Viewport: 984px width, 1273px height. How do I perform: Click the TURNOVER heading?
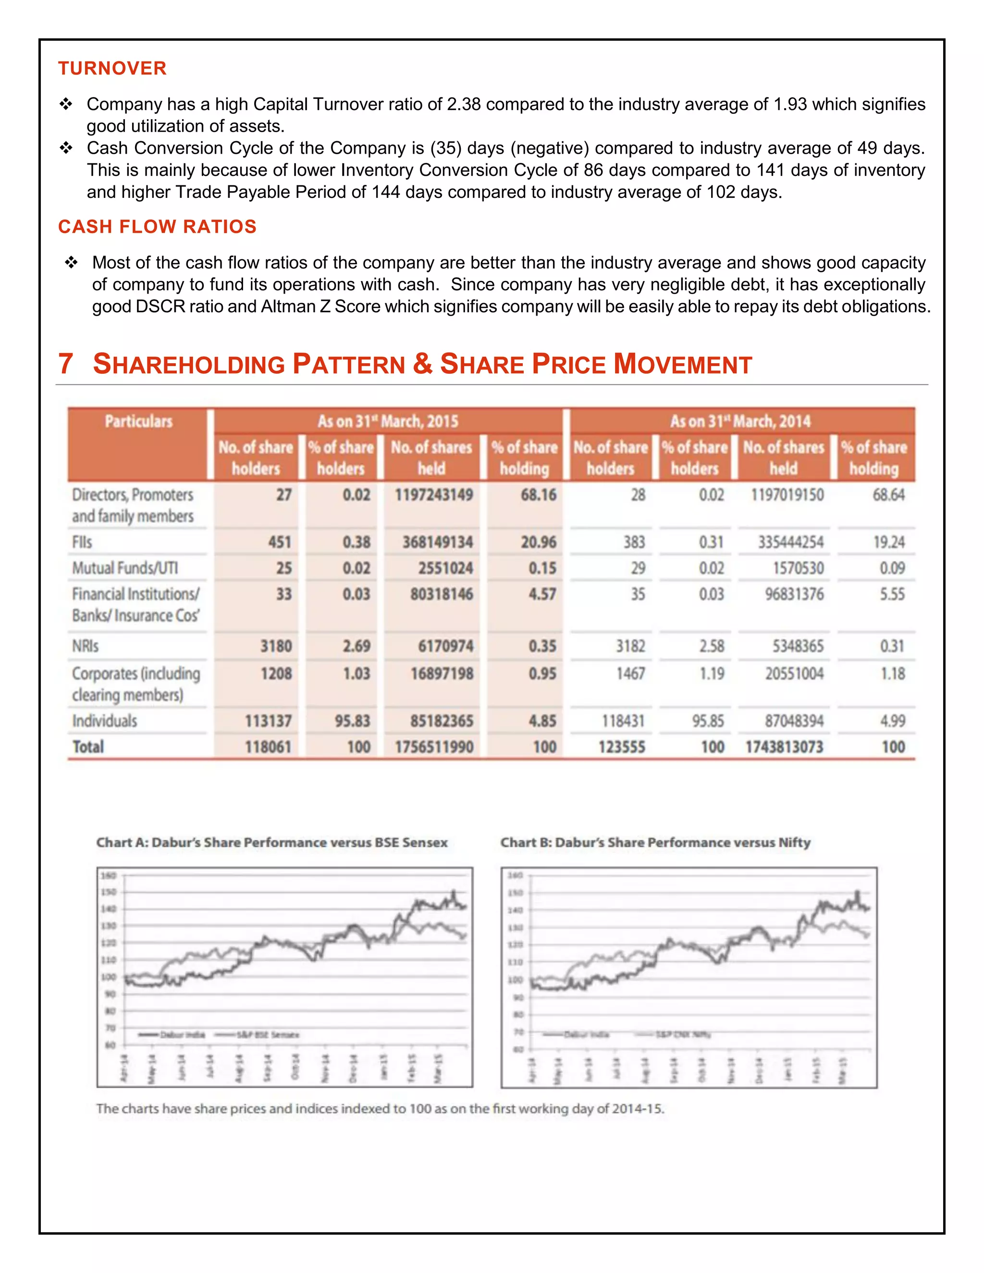[112, 68]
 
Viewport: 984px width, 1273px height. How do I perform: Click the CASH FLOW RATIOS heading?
[157, 227]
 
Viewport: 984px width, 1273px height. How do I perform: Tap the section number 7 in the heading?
[65, 364]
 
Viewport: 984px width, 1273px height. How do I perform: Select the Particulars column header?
[138, 421]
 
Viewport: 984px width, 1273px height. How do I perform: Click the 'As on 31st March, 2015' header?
[388, 421]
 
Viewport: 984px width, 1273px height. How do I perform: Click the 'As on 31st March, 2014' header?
[740, 421]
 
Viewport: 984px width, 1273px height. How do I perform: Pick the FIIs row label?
[82, 542]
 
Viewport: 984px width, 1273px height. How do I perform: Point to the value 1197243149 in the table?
[434, 495]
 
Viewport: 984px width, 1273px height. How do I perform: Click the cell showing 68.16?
[538, 495]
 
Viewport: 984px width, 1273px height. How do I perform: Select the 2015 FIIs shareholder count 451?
[279, 542]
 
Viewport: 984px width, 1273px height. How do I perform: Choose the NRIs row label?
[85, 646]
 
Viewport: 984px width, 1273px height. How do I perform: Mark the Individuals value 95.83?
[352, 721]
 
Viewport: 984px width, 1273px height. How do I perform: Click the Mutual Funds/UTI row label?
[125, 568]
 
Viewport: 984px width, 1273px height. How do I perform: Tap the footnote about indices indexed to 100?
[380, 1109]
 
